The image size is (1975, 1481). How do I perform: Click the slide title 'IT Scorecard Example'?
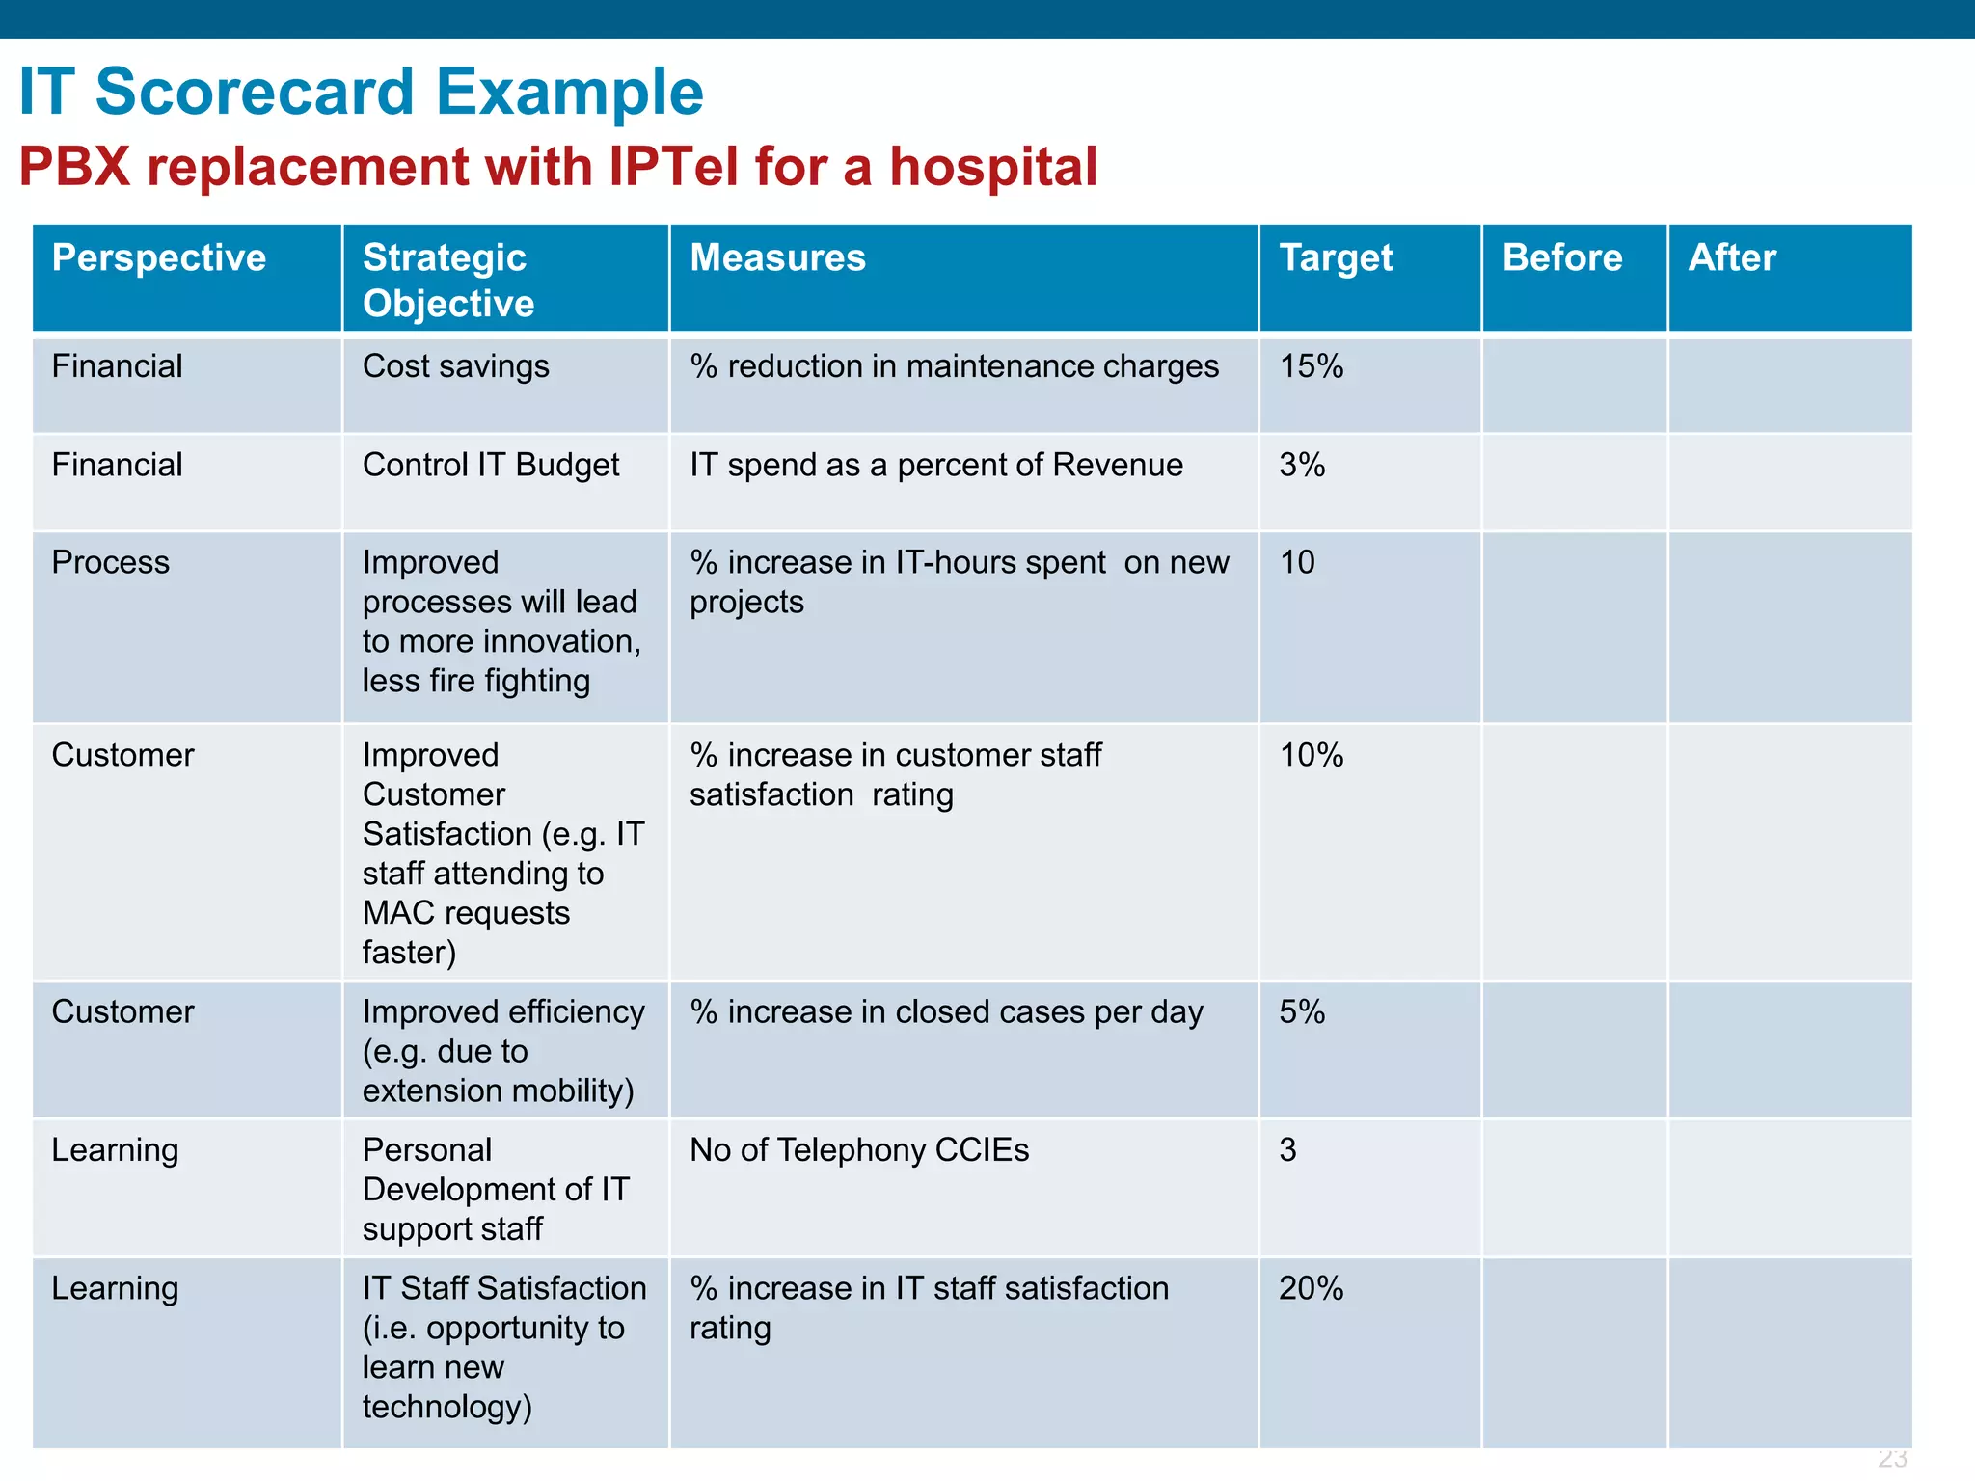(x=362, y=93)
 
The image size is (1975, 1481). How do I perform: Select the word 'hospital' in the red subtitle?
(x=992, y=167)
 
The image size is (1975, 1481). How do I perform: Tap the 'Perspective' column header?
(x=159, y=258)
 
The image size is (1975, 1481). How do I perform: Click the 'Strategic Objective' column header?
(x=447, y=280)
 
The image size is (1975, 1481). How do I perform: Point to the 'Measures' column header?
(x=777, y=258)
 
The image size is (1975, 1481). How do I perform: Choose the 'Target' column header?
(x=1336, y=258)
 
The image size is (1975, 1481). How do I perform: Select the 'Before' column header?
(x=1562, y=258)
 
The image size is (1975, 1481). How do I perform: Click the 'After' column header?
(x=1732, y=258)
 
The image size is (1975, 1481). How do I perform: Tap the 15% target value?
(x=1311, y=366)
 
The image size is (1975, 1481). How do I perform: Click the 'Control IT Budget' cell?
(x=491, y=465)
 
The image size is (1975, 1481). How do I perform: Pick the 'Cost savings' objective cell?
(x=455, y=366)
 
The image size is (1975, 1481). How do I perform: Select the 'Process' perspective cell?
(x=111, y=562)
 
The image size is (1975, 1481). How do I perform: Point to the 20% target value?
(x=1311, y=1288)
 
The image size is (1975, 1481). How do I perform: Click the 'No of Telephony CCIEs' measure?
(x=859, y=1150)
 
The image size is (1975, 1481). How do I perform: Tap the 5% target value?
(x=1302, y=1012)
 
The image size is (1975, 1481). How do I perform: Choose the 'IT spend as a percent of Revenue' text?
(x=935, y=465)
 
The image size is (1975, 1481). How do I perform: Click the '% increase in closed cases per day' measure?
(x=946, y=1012)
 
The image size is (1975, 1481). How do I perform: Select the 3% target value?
(x=1302, y=465)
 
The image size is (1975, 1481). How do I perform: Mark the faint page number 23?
(x=1892, y=1458)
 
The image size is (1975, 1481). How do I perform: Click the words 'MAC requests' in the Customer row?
(x=466, y=913)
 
